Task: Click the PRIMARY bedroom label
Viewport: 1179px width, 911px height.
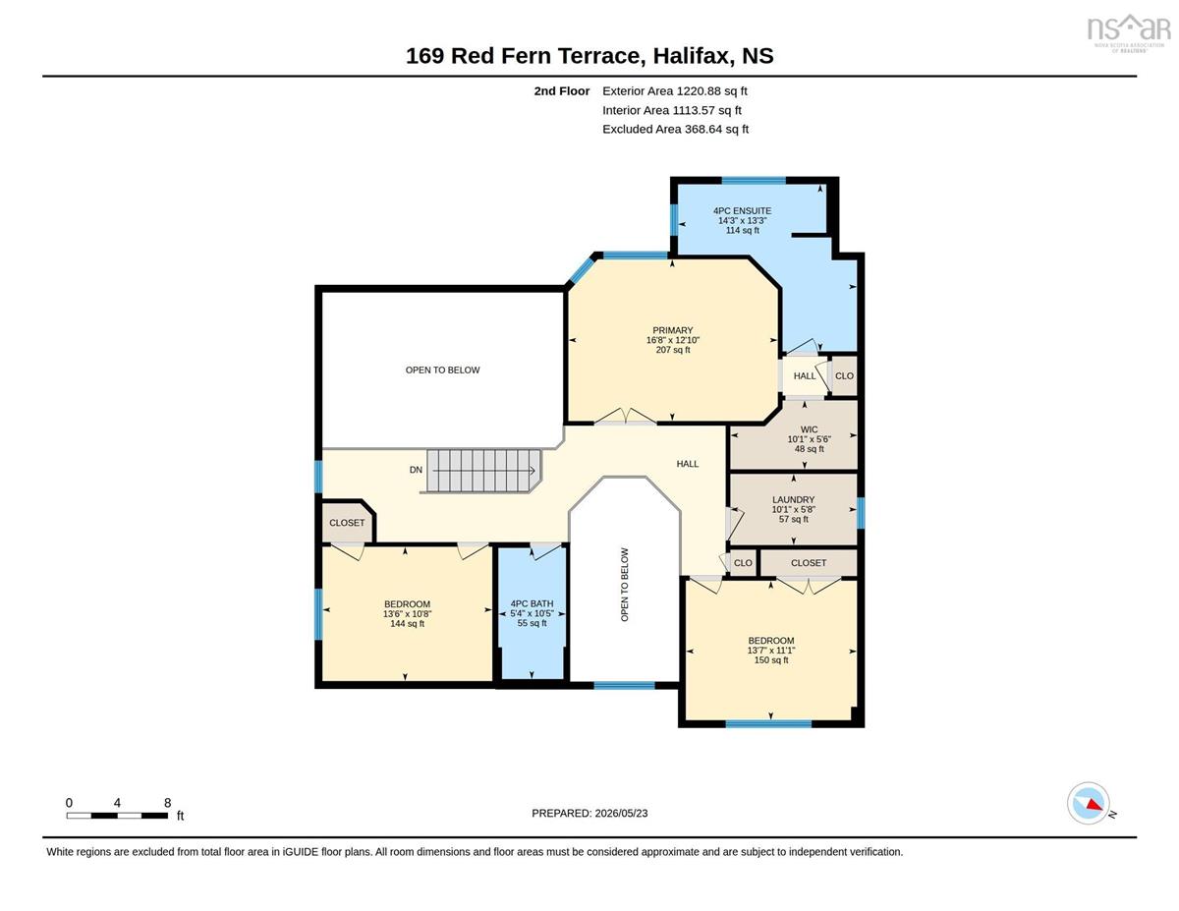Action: [672, 330]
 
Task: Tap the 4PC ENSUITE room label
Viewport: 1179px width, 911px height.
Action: [742, 210]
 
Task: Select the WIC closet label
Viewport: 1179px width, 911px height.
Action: [809, 429]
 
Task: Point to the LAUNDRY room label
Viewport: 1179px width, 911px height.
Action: [793, 499]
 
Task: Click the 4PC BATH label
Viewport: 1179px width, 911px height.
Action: [532, 603]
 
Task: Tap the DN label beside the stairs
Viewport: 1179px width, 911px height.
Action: [416, 470]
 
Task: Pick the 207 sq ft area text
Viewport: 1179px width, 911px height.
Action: [673, 350]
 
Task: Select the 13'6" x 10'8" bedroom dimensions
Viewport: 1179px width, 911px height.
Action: [407, 613]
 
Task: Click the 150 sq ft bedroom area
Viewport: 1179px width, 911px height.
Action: [770, 659]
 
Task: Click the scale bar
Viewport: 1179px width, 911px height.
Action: [117, 816]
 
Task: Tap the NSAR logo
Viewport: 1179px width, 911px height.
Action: [1129, 32]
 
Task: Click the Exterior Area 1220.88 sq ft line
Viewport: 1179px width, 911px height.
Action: [674, 91]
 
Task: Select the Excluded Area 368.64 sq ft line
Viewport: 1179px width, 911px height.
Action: [676, 129]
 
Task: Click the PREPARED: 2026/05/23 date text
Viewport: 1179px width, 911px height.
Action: [589, 813]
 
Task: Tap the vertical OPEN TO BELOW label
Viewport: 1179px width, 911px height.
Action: [624, 585]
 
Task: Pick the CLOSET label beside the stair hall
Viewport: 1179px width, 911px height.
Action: [347, 523]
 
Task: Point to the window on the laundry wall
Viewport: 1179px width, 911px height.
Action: [861, 513]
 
